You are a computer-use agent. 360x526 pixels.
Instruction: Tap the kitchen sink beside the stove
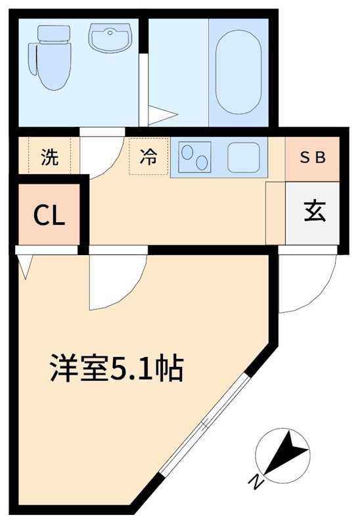tap(245, 157)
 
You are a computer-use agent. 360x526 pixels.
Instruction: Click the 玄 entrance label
tap(313, 212)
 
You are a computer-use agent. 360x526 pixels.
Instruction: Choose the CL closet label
tap(50, 216)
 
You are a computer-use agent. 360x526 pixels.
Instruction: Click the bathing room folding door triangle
tap(160, 116)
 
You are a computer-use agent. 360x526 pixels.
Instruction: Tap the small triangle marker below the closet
tap(25, 266)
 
